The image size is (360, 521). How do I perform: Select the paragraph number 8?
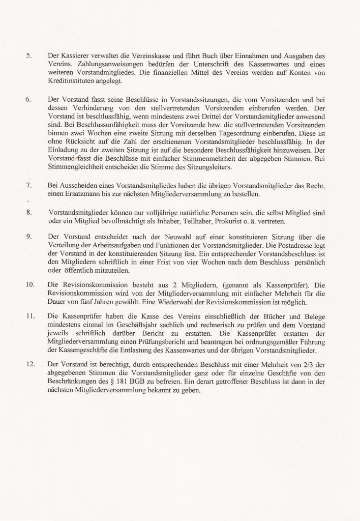point(29,212)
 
